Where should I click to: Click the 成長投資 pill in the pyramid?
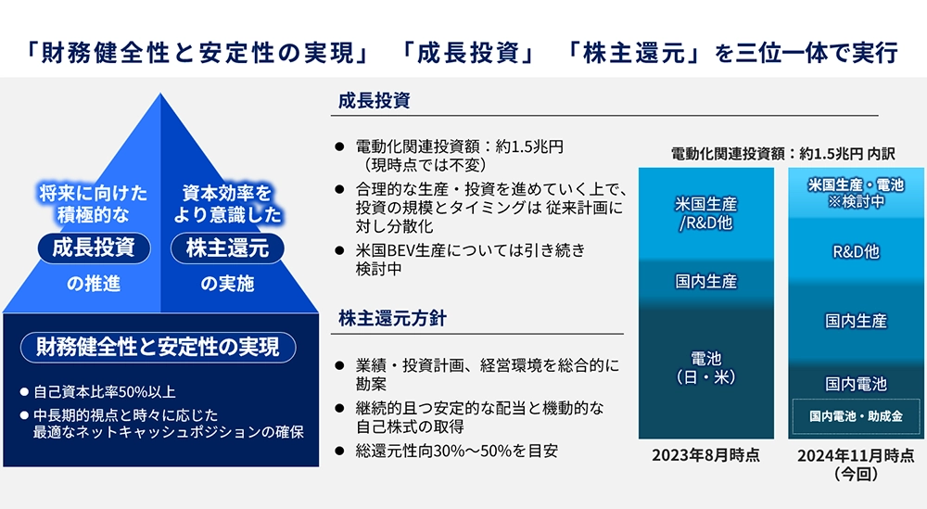[94, 248]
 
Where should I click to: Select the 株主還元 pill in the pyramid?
[228, 248]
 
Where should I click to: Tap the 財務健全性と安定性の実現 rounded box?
[158, 347]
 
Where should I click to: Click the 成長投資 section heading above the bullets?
[374, 100]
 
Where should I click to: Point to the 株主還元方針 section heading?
[392, 319]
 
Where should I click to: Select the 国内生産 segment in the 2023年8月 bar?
[705, 282]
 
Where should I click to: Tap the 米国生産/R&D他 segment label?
[705, 213]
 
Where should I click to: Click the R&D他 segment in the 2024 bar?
[856, 252]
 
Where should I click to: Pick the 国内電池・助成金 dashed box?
[856, 417]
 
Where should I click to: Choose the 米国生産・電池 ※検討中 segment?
[856, 194]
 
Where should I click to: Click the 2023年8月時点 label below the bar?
[705, 455]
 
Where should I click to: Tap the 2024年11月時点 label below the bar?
[856, 464]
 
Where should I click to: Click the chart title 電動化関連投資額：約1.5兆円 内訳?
[782, 154]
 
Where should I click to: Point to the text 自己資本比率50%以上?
[105, 392]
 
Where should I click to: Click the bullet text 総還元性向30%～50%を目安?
[456, 452]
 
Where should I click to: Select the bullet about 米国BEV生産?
[470, 260]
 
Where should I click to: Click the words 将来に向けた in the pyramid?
[94, 194]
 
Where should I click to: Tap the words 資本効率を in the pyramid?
[227, 194]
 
